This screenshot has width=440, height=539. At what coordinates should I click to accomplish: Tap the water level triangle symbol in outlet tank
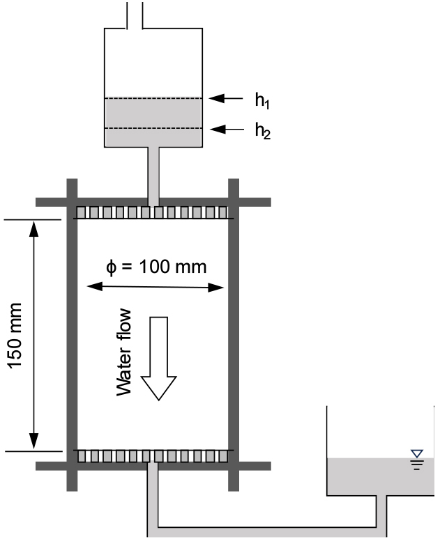click(x=417, y=455)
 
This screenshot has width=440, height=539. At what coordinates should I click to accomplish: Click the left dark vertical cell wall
click(x=70, y=334)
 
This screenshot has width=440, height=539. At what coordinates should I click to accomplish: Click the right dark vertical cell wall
click(x=234, y=334)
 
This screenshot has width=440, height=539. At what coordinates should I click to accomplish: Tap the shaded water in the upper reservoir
click(x=153, y=122)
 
